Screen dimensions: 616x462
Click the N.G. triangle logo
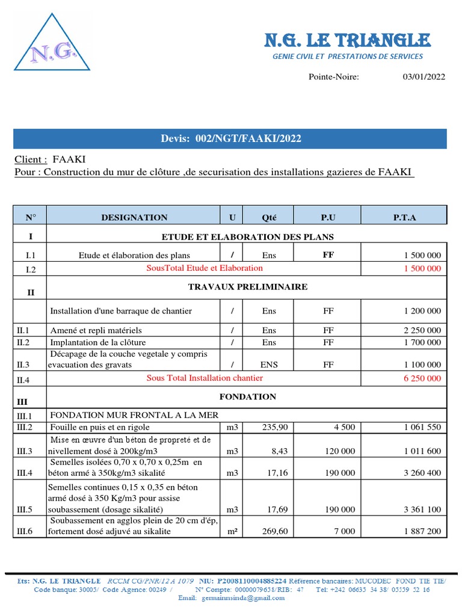[52, 44]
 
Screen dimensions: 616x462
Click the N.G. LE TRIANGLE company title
[348, 41]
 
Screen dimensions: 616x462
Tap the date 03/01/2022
[424, 77]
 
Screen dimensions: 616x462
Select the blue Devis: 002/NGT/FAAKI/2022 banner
[230, 139]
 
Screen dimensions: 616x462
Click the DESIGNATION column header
[134, 217]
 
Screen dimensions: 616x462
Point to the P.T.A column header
[404, 217]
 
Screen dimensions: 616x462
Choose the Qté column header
[269, 217]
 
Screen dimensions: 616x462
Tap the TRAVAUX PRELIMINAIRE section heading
[247, 287]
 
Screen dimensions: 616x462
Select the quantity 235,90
[276, 427]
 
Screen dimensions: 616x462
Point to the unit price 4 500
[345, 427]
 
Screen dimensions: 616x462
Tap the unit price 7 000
[345, 531]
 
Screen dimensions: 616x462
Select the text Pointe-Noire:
[334, 77]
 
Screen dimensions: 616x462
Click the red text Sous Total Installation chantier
[205, 378]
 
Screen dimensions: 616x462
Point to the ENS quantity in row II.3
[269, 365]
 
